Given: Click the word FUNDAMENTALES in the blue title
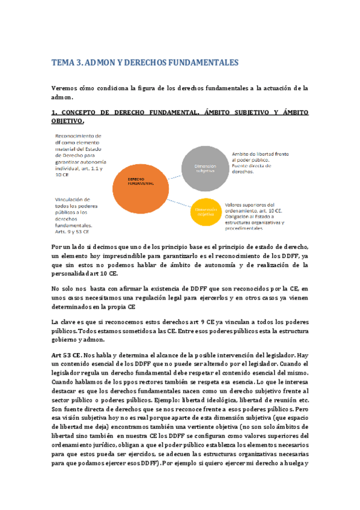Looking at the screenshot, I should [x=203, y=63].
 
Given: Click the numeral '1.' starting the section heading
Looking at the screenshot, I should [x=55, y=112].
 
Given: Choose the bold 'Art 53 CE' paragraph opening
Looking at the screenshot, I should [x=67, y=355].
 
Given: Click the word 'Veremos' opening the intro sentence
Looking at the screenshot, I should [x=64, y=88].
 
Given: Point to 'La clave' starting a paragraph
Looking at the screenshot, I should [x=65, y=322].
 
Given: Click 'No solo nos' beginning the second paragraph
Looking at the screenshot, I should [x=69, y=289].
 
